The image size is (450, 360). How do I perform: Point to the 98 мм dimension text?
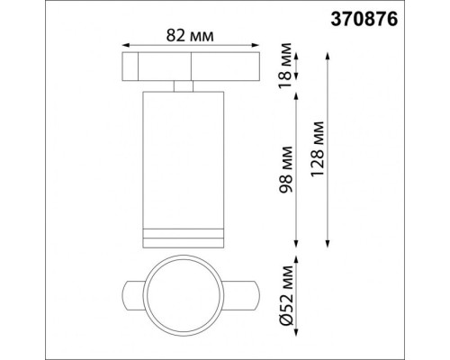[x=287, y=168]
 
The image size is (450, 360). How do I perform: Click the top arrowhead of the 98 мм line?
[x=296, y=94]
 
